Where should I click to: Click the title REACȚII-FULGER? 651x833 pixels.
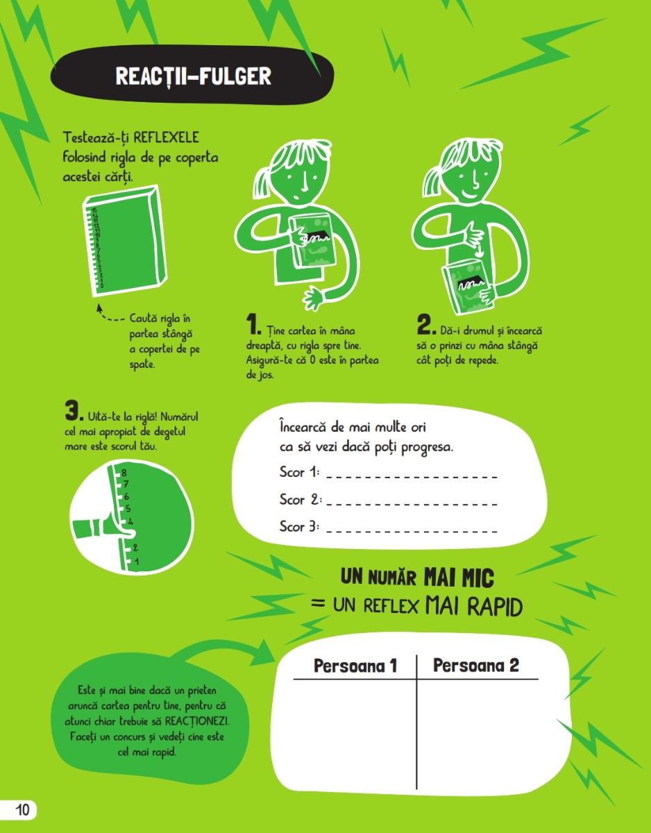click(x=194, y=76)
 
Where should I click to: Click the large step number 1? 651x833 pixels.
click(x=253, y=324)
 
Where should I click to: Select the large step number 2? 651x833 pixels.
click(x=426, y=324)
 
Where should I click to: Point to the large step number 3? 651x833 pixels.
click(x=74, y=410)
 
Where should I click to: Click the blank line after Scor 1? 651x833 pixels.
click(x=412, y=477)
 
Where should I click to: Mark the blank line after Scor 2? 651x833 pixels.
click(x=412, y=504)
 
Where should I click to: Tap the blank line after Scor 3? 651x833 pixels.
click(x=412, y=531)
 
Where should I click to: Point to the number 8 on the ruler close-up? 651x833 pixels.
click(x=124, y=473)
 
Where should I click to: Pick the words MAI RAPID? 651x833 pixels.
click(x=474, y=607)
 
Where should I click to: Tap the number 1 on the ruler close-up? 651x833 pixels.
click(x=137, y=562)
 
